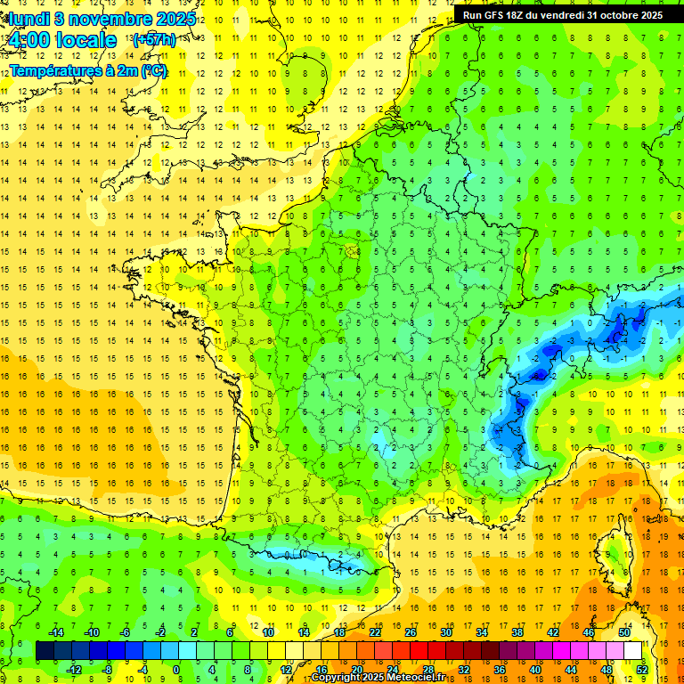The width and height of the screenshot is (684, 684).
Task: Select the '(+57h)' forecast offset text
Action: (153, 40)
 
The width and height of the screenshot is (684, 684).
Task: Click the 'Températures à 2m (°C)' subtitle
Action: (87, 70)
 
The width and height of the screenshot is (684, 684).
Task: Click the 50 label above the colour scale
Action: (623, 632)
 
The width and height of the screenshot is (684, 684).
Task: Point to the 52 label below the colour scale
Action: (641, 669)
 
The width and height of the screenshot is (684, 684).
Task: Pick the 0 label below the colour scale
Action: (175, 669)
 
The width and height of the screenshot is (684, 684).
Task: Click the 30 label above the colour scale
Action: (445, 632)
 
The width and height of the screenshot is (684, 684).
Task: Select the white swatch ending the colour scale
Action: (632, 651)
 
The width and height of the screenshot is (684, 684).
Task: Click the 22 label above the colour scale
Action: (375, 632)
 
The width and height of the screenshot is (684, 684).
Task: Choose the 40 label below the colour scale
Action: (534, 669)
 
